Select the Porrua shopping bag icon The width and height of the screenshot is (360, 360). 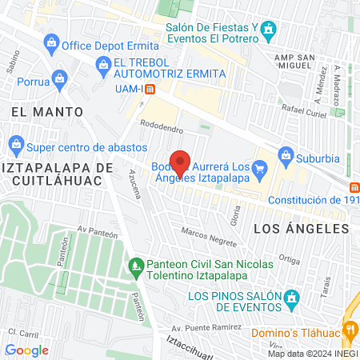tap(60, 79)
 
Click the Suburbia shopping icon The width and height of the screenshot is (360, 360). tap(284, 154)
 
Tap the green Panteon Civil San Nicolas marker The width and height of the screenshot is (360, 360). tap(136, 265)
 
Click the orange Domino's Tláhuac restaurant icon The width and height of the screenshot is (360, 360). tap(350, 328)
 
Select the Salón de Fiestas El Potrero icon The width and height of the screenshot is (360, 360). tap(270, 31)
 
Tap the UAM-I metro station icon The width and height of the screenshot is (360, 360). tap(149, 88)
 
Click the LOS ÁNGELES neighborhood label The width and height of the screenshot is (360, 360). tap(301, 228)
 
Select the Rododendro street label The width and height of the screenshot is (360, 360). tap(162, 126)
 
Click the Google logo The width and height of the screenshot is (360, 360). tap(26, 350)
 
